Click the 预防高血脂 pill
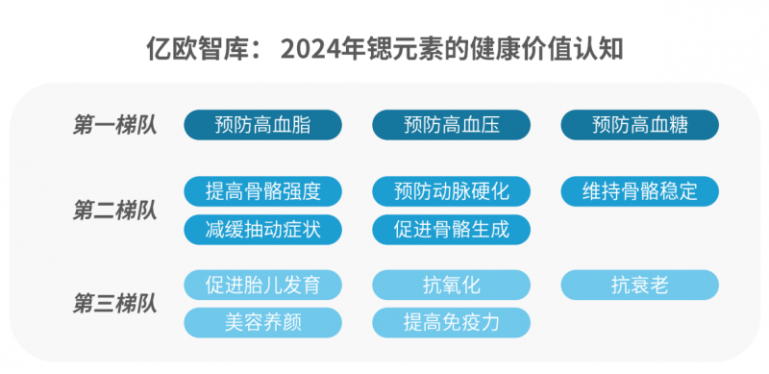tap(262, 125)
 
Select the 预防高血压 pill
tap(451, 125)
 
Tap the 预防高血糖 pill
tap(640, 125)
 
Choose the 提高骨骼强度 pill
tap(262, 191)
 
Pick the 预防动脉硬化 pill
tap(451, 191)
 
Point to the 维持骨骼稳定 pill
tap(640, 191)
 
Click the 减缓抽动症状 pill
tap(262, 229)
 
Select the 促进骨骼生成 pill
tap(451, 229)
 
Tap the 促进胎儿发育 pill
tap(262, 285)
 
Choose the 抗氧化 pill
tap(451, 285)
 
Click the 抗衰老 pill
tap(640, 285)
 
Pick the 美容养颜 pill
tap(262, 322)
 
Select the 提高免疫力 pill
tap(451, 322)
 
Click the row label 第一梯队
tap(115, 125)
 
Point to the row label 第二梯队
tap(115, 211)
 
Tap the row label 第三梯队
tap(115, 304)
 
